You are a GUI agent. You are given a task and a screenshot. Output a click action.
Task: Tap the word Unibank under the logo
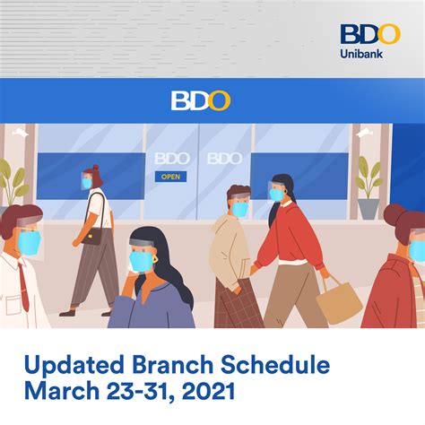pos(369,55)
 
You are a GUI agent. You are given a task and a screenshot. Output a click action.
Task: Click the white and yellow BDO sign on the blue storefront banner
pos(200,100)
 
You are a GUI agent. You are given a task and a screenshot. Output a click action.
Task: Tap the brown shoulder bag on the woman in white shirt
pos(91,237)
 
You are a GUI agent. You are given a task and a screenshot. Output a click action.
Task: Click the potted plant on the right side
pos(368,188)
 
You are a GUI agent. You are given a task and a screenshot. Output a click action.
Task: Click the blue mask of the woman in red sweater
pos(276,194)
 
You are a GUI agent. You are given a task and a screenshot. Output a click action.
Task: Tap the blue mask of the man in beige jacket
pos(240,210)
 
